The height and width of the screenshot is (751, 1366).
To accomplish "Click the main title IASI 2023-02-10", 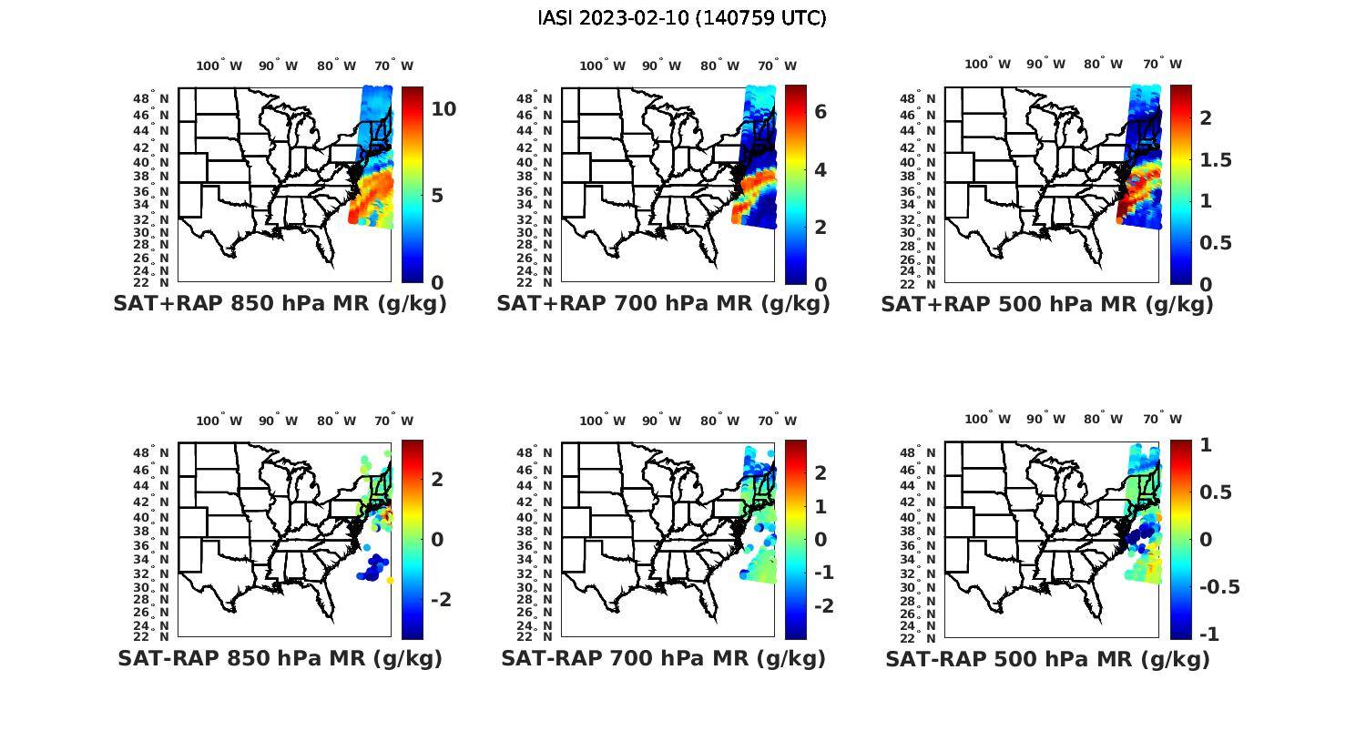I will coord(682,18).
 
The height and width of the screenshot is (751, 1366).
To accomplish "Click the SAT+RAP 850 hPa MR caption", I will coord(280,304).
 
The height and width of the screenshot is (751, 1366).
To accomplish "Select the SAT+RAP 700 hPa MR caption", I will coord(663,304).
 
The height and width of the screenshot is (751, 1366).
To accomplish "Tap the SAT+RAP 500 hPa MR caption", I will coord(1046,304).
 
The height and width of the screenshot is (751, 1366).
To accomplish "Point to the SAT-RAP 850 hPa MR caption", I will coord(280,658).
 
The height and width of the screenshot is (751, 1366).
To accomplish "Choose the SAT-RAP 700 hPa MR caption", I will coord(663,658).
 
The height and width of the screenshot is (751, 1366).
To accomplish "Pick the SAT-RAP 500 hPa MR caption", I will coord(1047,658).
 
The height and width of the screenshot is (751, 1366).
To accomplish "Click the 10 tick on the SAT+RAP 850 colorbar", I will coord(443,109).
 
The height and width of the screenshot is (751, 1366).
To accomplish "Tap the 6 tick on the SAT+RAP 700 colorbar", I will coord(820,111).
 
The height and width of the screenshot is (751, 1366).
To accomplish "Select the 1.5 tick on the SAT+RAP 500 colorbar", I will coord(1216,160).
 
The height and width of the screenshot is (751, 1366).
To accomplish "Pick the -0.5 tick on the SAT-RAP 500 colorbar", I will coord(1219,586).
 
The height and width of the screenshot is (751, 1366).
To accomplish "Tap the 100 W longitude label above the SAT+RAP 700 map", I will coord(602,66).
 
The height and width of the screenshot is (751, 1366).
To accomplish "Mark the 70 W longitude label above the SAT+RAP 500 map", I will coord(1162,64).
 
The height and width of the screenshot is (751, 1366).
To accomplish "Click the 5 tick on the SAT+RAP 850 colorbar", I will coord(437,196).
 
